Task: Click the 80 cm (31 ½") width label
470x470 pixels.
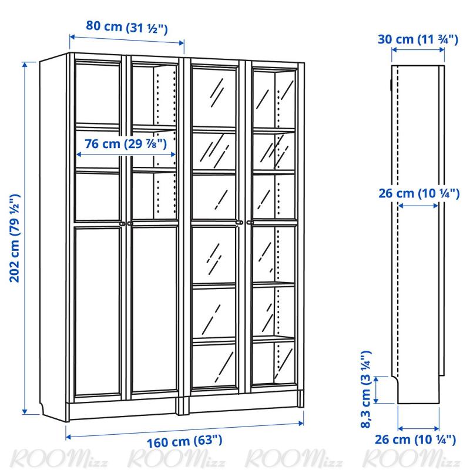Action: click(126, 27)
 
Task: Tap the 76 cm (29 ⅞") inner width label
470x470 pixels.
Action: click(126, 143)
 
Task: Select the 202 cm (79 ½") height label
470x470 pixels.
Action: click(15, 238)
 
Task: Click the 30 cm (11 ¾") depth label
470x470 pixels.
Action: click(418, 39)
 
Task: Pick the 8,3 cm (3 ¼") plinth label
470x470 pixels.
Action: click(366, 389)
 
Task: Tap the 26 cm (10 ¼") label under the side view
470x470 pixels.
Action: click(415, 439)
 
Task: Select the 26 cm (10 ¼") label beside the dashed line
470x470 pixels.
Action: click(419, 193)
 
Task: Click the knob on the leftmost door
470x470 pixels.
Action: click(122, 223)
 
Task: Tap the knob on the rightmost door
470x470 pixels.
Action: click(250, 223)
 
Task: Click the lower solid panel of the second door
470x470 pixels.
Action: click(155, 310)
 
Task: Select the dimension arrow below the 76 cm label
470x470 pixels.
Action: click(126, 155)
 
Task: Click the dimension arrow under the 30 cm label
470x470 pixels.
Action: click(418, 50)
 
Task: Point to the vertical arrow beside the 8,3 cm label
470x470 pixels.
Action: click(377, 390)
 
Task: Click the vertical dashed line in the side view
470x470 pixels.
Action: click(398, 222)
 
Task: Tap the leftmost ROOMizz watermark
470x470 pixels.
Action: click(58, 459)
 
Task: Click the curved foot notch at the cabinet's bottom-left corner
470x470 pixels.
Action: click(43, 408)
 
